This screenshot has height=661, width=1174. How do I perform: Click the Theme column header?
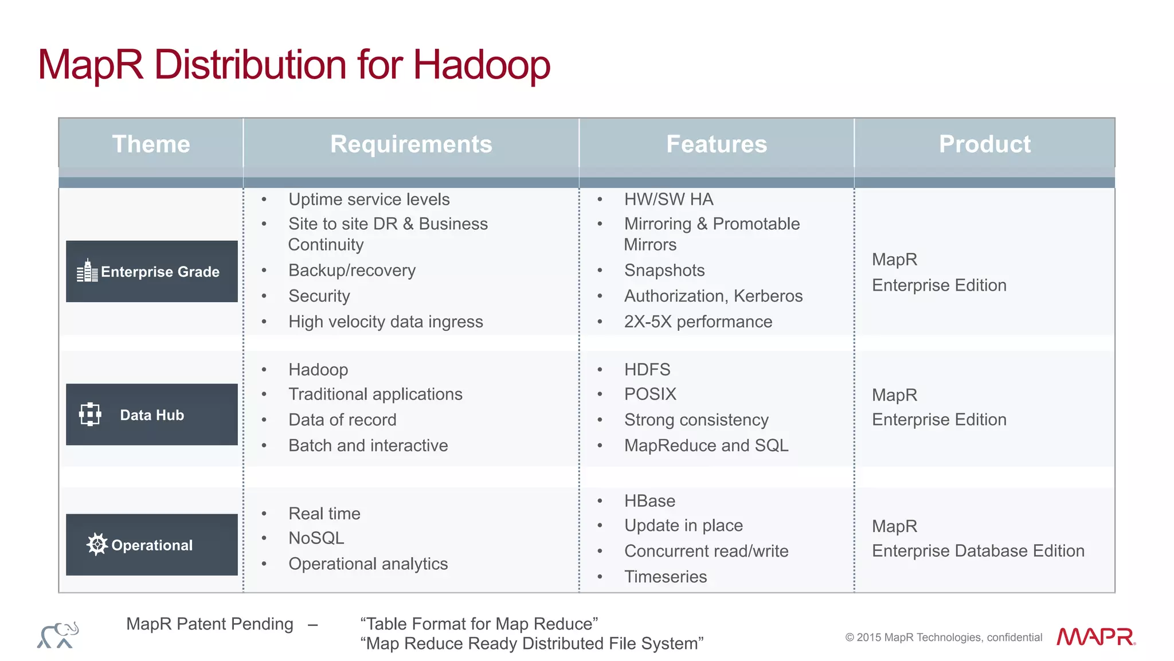click(x=151, y=144)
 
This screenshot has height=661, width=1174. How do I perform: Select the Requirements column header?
click(x=411, y=144)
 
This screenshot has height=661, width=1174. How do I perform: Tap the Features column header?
click(x=717, y=144)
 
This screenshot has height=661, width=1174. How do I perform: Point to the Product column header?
click(x=984, y=144)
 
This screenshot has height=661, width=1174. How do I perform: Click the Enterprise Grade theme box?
click(x=152, y=271)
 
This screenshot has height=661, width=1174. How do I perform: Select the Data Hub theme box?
click(x=152, y=414)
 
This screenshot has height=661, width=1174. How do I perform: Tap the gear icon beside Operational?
click(x=97, y=544)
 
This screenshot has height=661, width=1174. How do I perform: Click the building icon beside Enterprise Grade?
click(x=87, y=271)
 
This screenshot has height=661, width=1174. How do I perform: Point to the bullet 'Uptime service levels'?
click(x=369, y=200)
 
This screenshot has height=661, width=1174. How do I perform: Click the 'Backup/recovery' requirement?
click(x=352, y=270)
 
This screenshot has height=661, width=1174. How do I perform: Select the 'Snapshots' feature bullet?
click(x=664, y=270)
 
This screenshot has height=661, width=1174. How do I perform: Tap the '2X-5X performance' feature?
click(x=698, y=322)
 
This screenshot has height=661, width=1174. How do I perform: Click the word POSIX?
click(x=650, y=394)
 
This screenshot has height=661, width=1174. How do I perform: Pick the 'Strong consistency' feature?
click(x=696, y=420)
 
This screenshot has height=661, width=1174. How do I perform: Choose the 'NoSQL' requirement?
click(x=316, y=538)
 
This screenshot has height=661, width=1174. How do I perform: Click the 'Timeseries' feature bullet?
click(x=666, y=576)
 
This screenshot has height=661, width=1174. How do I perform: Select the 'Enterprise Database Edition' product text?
click(x=978, y=551)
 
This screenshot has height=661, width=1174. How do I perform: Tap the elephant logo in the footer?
click(x=58, y=635)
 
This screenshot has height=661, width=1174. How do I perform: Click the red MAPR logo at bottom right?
click(x=1095, y=637)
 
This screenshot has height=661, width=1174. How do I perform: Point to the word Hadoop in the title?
click(x=482, y=64)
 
